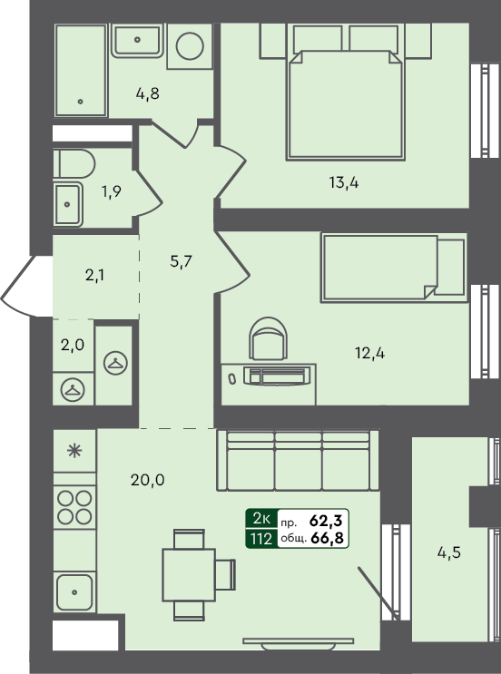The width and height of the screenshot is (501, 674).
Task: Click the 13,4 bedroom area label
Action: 344,183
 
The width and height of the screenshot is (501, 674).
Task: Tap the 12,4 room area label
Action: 369,354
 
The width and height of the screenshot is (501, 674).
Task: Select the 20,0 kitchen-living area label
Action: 148,480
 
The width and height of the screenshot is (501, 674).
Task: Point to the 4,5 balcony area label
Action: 449,552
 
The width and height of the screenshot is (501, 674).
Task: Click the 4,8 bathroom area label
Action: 148,93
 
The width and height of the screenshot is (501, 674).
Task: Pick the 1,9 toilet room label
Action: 111,191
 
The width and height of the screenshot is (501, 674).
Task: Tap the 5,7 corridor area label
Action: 181,261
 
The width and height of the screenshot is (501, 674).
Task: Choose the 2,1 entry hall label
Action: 94,275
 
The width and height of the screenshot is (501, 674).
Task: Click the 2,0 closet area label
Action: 73,345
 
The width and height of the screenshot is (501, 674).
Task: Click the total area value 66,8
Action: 327,538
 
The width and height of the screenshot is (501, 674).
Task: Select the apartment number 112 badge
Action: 261,538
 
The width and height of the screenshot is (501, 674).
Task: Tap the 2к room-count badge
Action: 261,519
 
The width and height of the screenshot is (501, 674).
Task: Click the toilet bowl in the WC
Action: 74,163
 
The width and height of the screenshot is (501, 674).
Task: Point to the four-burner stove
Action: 74,507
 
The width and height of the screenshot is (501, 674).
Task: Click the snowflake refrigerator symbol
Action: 74,450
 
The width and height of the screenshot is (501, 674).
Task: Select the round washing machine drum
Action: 190,45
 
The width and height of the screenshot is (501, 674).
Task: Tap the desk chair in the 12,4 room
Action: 269,337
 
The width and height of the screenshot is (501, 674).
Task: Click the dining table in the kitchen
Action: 189,575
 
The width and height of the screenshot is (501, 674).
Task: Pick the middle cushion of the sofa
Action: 298,461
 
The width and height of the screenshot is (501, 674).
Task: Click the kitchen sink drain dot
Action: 74,592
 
